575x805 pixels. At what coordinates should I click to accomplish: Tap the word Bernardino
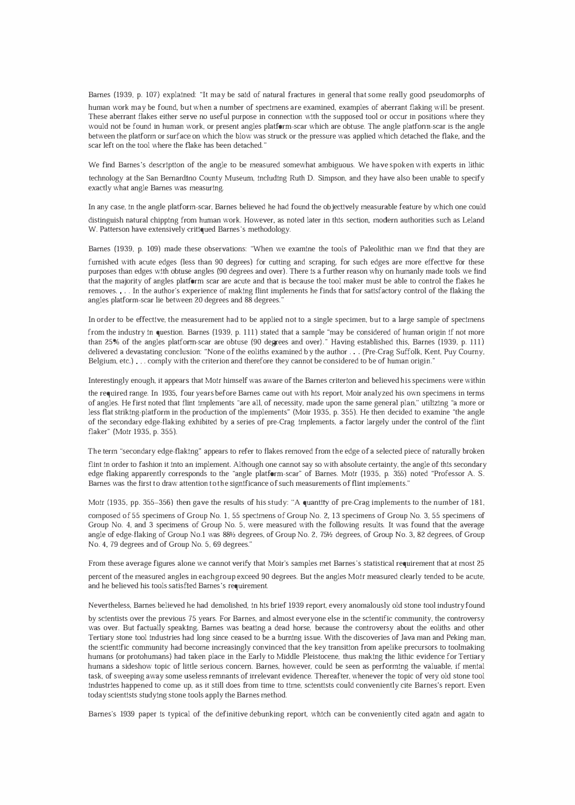point(182,179)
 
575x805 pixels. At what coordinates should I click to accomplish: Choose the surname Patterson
point(116,230)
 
